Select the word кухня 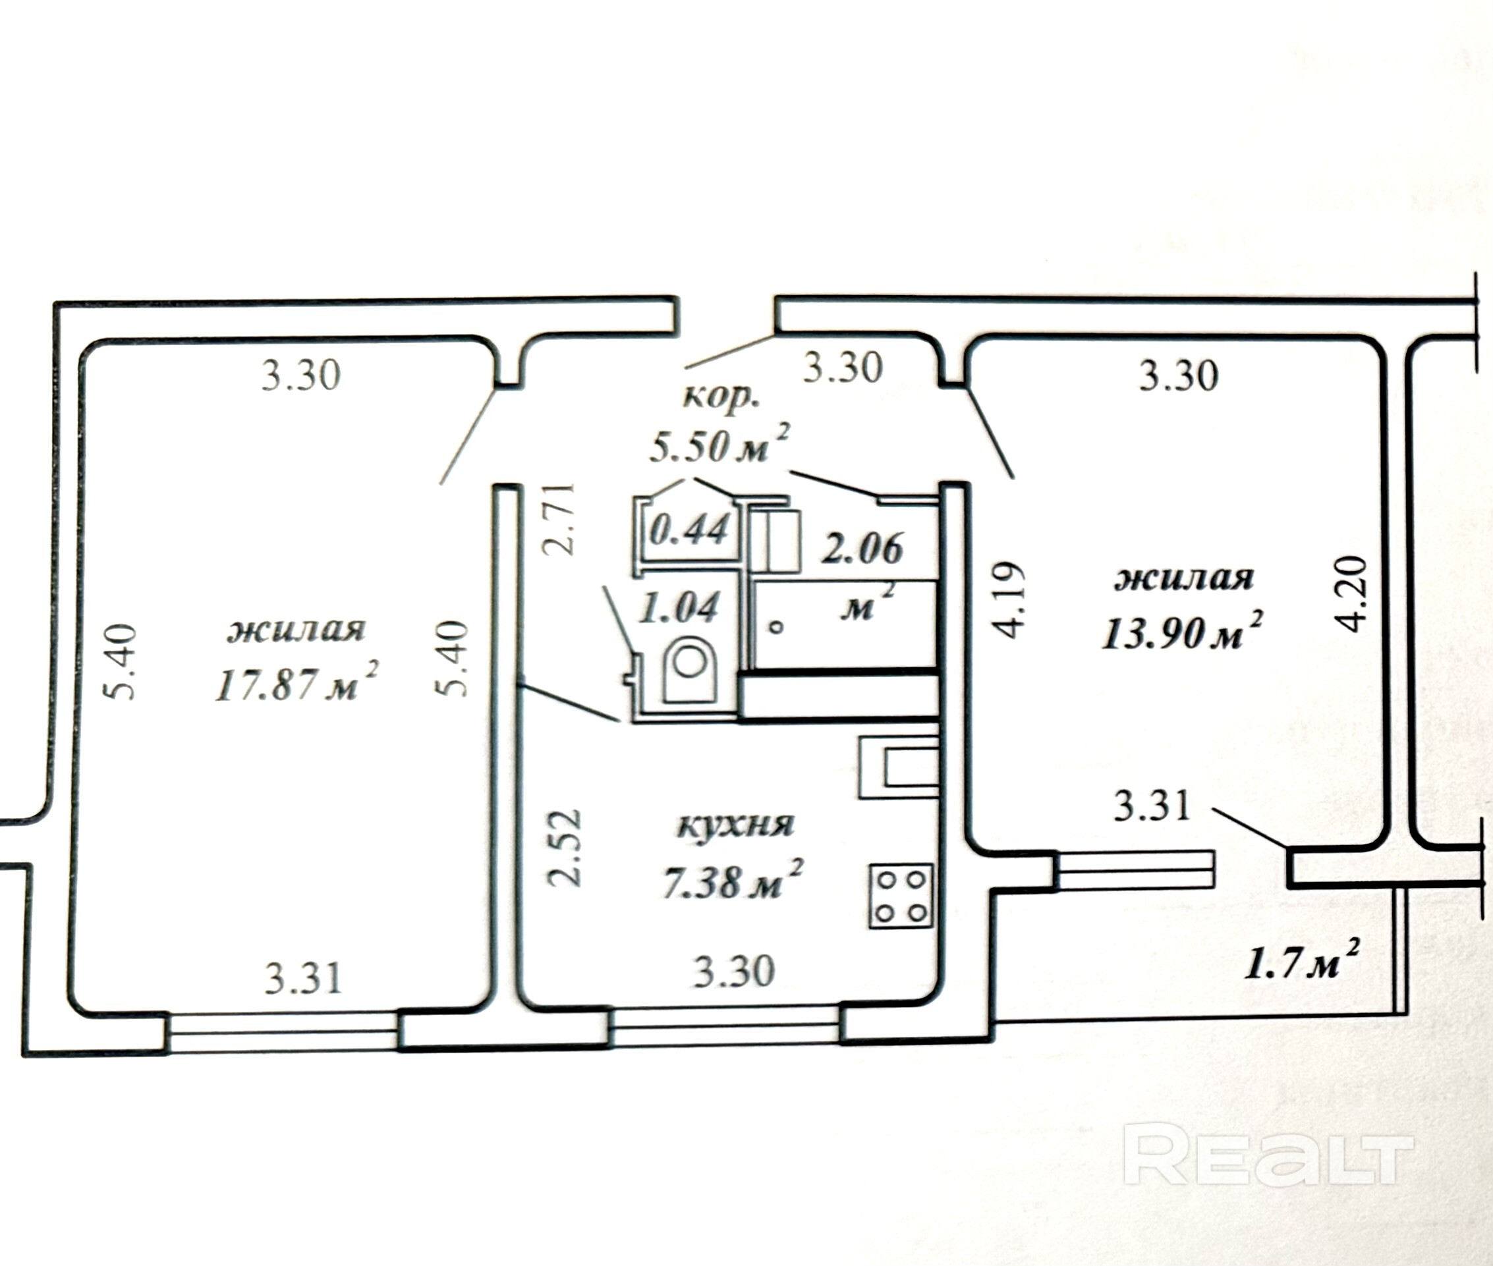click(735, 825)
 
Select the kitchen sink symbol click(901, 767)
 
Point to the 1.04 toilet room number click(679, 607)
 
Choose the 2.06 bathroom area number click(861, 550)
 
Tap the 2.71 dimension click(559, 519)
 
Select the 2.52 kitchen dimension click(564, 849)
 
